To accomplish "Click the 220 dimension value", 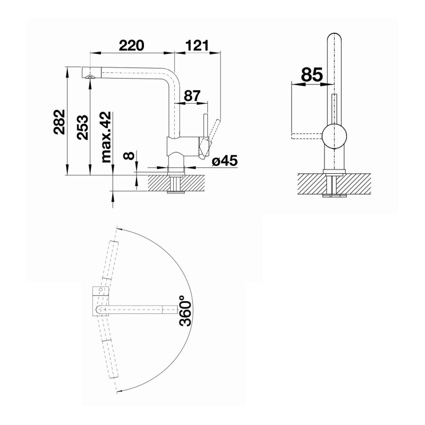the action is pyautogui.click(x=131, y=45).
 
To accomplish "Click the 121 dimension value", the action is pyautogui.click(x=198, y=45).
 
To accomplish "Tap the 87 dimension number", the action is pyautogui.click(x=192, y=96).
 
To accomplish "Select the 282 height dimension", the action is pyautogui.click(x=59, y=122).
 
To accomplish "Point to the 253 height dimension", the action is pyautogui.click(x=82, y=127).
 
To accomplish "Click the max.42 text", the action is pyautogui.click(x=106, y=137).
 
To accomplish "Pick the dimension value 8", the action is pyautogui.click(x=129, y=156).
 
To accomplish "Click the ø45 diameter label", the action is pyautogui.click(x=224, y=161).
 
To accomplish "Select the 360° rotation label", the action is pyautogui.click(x=185, y=311).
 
